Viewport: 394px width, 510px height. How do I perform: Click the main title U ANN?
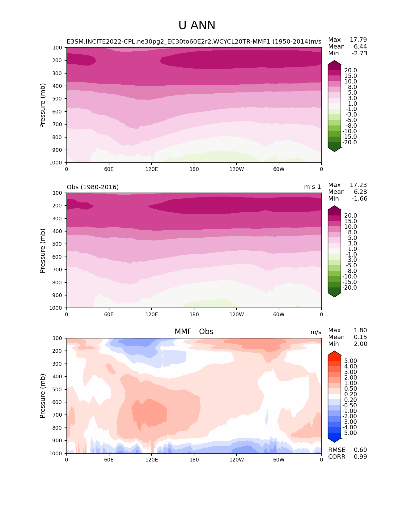point(197,25)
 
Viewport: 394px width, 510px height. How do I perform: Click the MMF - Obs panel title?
point(194,332)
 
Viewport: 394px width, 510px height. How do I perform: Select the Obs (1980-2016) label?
point(93,187)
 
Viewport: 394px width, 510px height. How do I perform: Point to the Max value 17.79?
point(358,40)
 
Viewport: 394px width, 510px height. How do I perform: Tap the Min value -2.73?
point(359,53)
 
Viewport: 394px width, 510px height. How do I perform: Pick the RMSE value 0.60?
point(360,450)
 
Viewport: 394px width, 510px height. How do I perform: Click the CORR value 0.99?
point(360,457)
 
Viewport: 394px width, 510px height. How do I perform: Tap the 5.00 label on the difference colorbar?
point(351,361)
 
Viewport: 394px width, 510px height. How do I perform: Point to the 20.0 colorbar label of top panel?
point(351,70)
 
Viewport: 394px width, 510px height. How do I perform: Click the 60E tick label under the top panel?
point(109,169)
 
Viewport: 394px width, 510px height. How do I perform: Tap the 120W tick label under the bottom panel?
point(236,460)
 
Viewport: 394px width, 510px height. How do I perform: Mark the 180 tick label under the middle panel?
point(194,314)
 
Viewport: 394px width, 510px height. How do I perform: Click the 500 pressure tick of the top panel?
point(57,99)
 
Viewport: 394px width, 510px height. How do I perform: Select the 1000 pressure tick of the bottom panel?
point(56,453)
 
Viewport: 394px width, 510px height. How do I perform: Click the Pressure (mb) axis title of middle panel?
point(43,250)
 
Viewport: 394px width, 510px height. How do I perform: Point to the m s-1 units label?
point(312,187)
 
